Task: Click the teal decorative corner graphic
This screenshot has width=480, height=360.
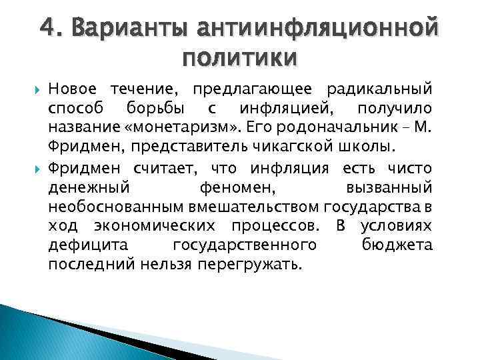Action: [40, 333]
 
